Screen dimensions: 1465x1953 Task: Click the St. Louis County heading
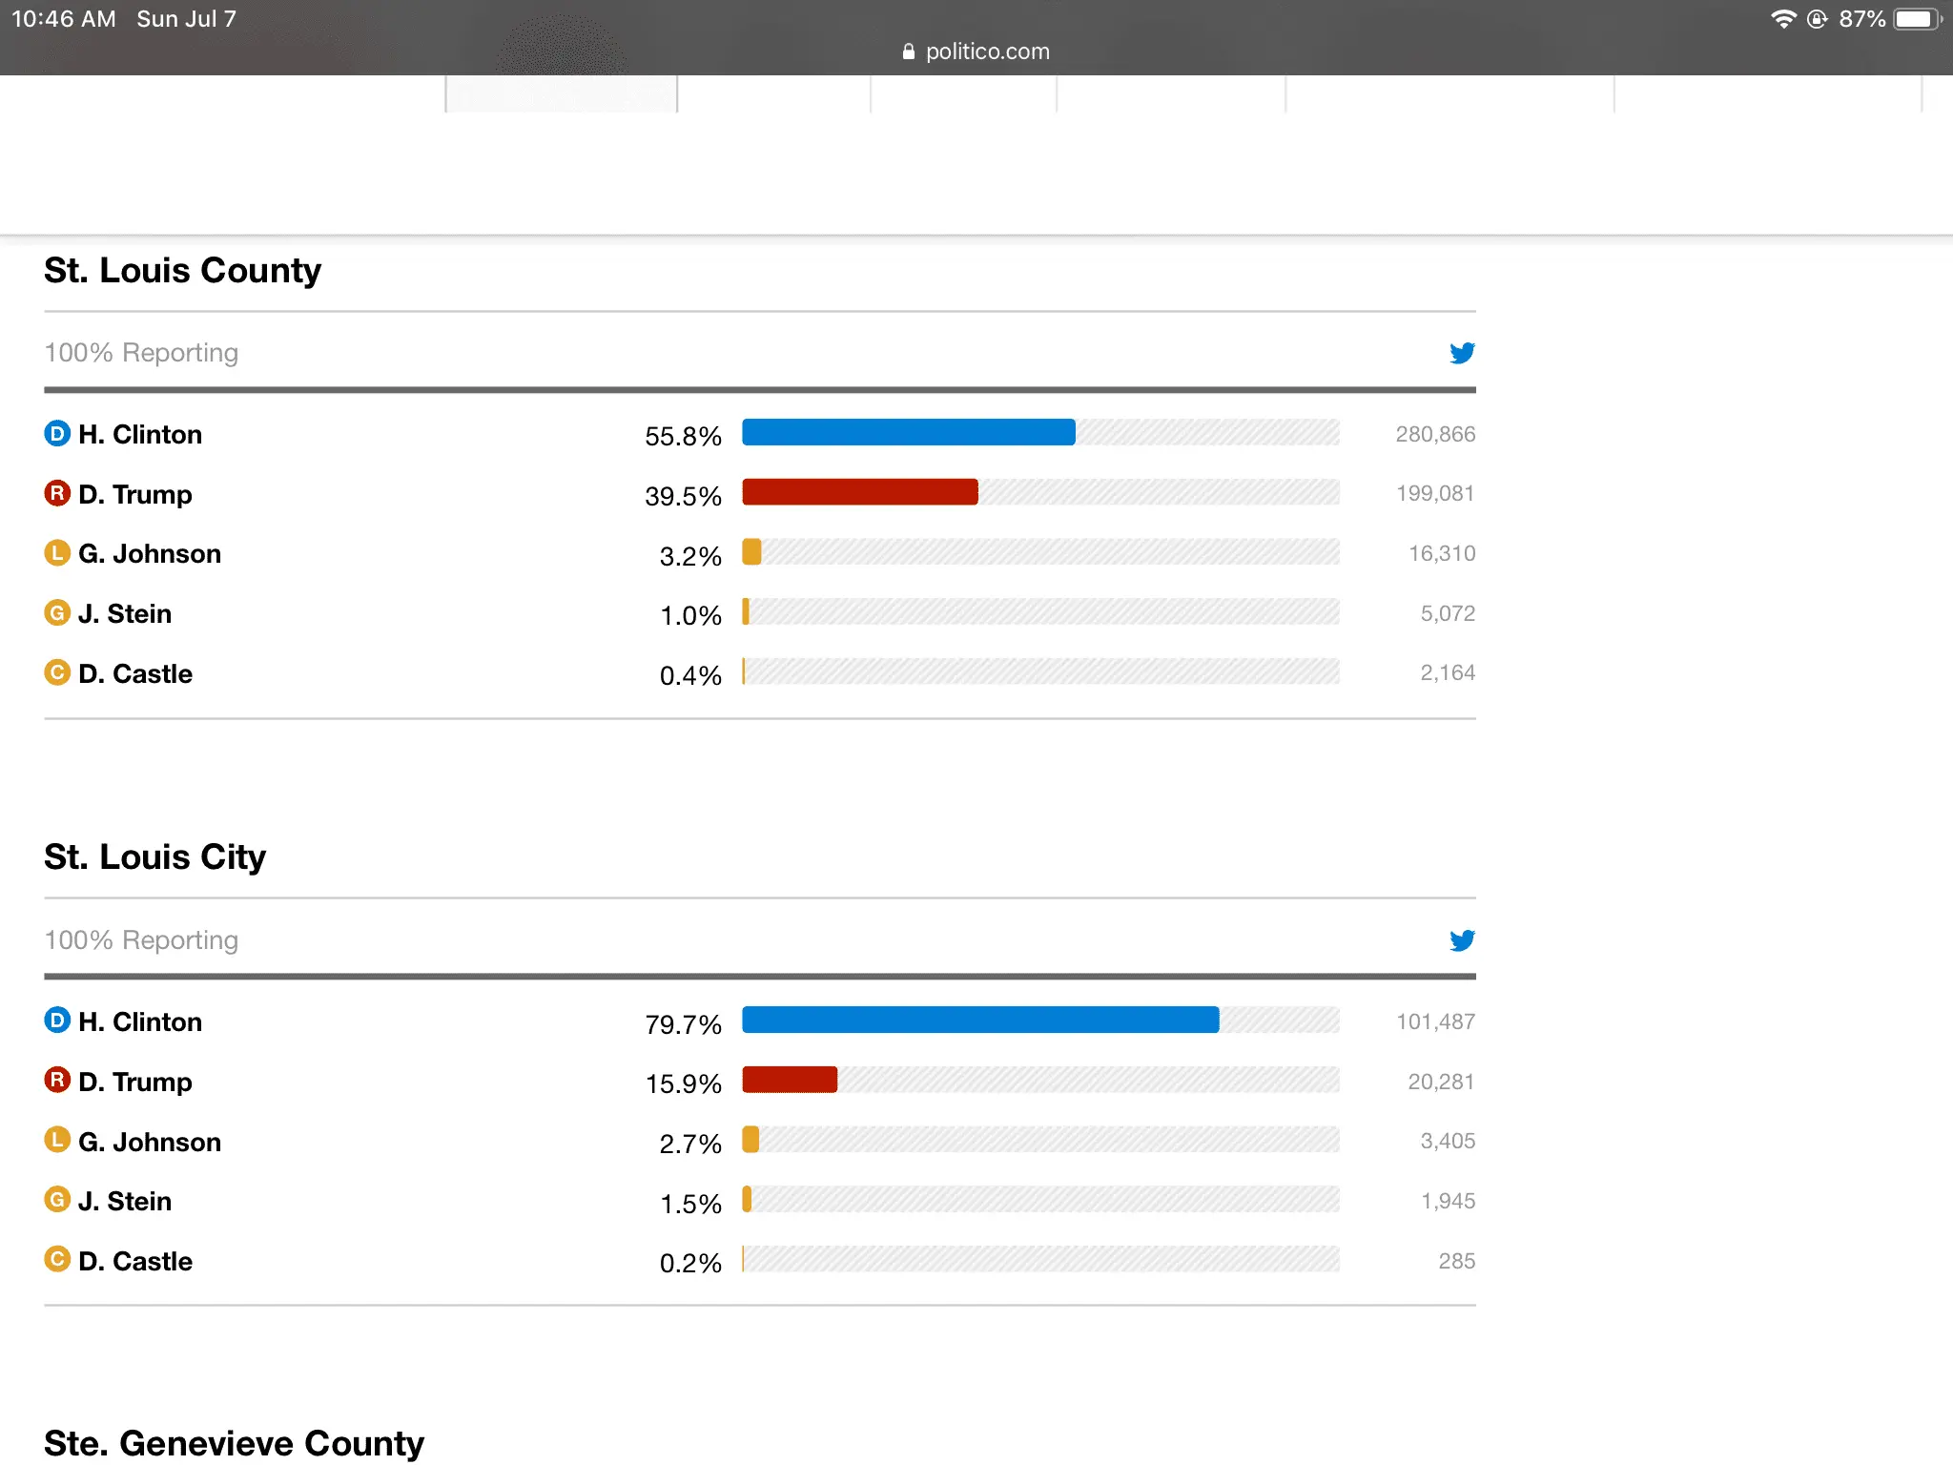point(182,271)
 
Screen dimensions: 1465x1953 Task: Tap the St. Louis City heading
point(154,857)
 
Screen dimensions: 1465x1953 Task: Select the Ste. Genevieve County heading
point(234,1443)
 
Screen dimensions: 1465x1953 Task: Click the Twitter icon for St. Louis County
point(1462,353)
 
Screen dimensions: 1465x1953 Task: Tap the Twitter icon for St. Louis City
point(1462,940)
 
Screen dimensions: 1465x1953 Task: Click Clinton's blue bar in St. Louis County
point(908,433)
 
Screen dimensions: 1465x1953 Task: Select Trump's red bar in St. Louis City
point(790,1080)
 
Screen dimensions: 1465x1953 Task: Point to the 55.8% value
point(683,436)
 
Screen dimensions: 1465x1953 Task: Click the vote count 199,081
point(1435,494)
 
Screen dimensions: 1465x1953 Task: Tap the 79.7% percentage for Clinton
point(683,1024)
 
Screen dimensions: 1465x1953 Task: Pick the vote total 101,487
point(1435,1022)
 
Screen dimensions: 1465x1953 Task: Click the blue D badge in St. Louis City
point(57,1021)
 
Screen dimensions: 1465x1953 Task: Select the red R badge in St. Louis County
point(57,493)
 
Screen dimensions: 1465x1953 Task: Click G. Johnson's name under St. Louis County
point(150,554)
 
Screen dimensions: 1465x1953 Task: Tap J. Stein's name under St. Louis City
point(125,1202)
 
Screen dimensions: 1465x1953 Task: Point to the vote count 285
point(1456,1261)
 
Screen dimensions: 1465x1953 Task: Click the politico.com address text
point(987,52)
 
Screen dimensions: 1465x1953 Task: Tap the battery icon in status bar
point(1916,19)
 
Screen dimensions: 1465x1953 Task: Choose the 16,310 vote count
point(1442,554)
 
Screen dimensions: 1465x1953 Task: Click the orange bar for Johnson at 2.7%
point(751,1140)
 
